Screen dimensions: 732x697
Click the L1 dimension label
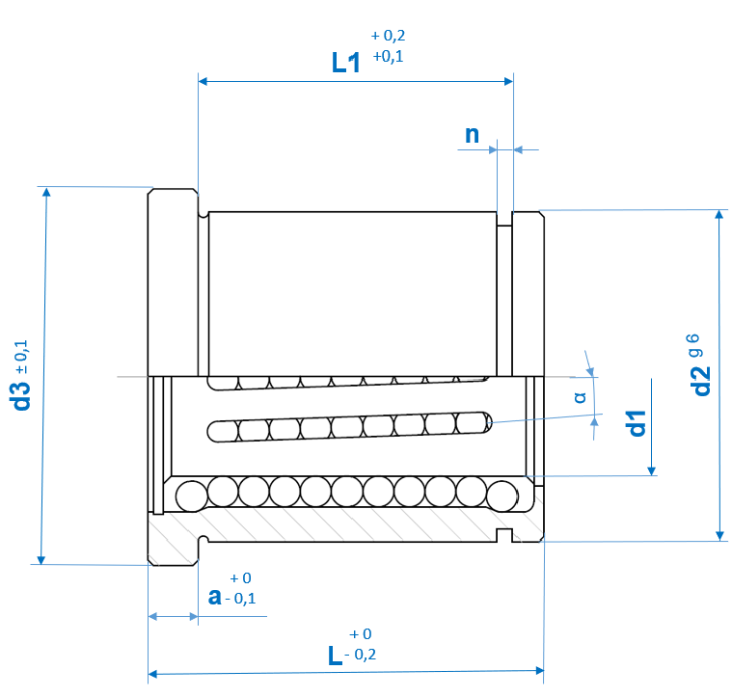click(346, 63)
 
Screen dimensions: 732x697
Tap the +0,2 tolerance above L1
click(388, 36)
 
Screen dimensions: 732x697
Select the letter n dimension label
click(472, 135)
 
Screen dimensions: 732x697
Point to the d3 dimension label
click(21, 396)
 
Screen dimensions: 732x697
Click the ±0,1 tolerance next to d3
click(21, 357)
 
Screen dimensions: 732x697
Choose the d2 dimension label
click(701, 381)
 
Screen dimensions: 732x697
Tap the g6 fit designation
click(694, 345)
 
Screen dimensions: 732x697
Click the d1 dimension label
click(637, 423)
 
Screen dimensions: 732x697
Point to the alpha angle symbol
click(581, 397)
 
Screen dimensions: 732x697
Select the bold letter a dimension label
click(215, 596)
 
